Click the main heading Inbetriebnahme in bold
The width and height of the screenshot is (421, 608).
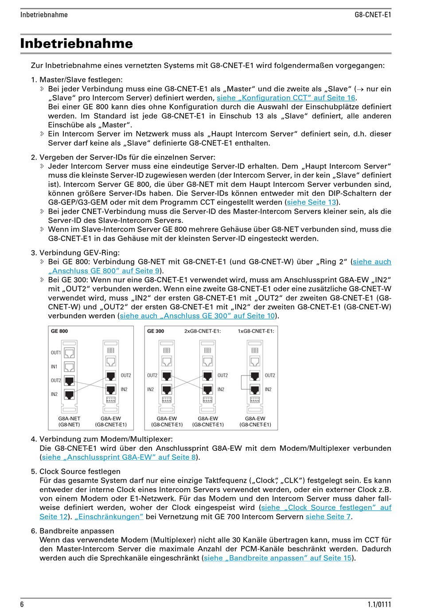76,43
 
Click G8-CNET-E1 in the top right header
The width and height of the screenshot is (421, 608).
373,15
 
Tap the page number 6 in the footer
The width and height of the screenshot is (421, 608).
22,604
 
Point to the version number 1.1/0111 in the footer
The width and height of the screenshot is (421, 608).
379,604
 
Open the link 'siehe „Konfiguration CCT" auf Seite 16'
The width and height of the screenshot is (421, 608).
286,98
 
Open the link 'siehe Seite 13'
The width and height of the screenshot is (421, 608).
312,202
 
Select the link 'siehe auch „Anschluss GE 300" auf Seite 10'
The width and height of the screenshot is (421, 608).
198,316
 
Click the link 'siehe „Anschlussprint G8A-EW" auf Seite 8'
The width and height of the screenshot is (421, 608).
119,457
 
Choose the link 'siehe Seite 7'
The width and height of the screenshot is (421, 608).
328,516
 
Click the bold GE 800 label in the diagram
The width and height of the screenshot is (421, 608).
59,331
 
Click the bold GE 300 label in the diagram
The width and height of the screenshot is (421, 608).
156,331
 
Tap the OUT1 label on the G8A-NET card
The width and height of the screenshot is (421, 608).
56,353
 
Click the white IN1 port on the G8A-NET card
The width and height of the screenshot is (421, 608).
70,367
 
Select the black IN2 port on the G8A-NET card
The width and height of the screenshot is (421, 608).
70,394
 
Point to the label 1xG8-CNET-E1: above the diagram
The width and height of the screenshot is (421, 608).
256,331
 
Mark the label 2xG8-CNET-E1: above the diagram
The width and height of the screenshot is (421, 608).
203,331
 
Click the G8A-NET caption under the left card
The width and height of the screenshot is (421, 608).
69,418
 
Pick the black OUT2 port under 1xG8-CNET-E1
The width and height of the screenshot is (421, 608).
255,376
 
